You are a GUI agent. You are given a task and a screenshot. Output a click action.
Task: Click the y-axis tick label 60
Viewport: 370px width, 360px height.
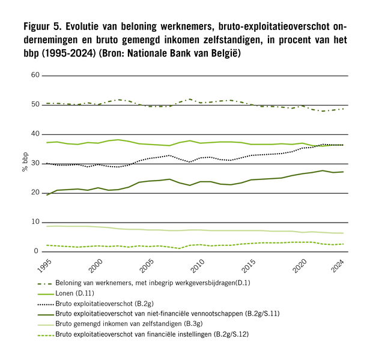tap(35, 75)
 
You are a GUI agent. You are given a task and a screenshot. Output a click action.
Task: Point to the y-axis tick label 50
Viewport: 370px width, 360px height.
tap(35, 104)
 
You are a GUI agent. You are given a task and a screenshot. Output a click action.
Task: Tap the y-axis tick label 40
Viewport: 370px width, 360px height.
tap(35, 134)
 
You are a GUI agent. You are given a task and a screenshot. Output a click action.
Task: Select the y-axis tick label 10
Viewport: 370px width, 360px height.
tap(35, 222)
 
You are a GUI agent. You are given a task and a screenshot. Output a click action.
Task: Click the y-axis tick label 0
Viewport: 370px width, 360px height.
tap(36, 251)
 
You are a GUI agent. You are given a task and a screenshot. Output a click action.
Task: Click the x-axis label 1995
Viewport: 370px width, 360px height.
tap(44, 266)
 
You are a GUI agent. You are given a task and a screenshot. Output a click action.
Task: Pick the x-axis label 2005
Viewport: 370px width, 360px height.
tap(147, 266)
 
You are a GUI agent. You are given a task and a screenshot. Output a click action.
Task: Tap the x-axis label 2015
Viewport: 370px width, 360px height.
tap(249, 266)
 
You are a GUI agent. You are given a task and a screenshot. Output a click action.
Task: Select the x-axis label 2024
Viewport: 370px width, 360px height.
tap(338, 266)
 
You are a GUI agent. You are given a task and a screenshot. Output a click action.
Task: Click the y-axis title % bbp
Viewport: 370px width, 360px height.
tap(25, 162)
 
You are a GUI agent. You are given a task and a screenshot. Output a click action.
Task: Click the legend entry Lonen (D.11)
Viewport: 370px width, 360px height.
tap(74, 293)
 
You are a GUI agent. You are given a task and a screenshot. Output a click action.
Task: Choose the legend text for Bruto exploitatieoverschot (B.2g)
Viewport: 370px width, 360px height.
tap(105, 304)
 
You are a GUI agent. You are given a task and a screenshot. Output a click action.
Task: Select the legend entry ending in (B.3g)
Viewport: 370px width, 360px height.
tap(129, 324)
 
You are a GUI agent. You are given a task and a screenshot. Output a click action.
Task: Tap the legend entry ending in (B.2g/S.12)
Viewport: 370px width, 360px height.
tap(152, 334)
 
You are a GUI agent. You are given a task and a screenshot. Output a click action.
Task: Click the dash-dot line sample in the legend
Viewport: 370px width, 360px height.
tap(45, 284)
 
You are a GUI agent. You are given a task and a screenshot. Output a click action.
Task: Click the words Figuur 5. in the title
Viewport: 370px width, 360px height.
tap(43, 26)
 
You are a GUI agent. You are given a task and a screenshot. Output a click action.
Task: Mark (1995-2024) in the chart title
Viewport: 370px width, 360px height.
tap(68, 53)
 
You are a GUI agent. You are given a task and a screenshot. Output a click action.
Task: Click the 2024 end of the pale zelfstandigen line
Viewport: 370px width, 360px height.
tap(343, 233)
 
